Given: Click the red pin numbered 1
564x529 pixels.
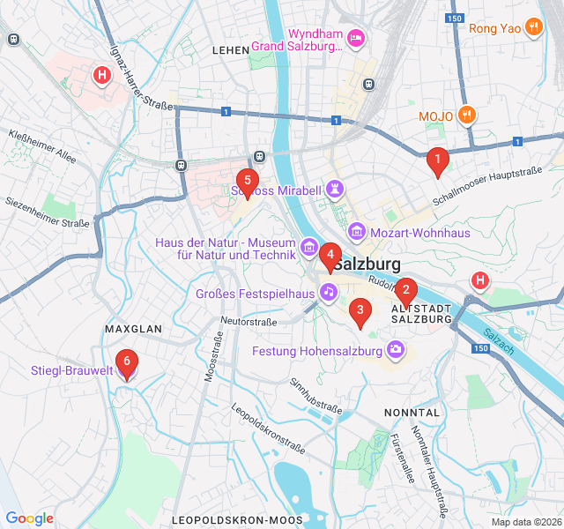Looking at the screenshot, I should (435, 161).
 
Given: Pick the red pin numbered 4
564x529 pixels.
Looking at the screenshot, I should (330, 257).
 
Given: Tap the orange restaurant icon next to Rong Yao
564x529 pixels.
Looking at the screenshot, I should (532, 27).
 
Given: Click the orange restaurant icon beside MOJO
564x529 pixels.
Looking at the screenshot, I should (468, 115).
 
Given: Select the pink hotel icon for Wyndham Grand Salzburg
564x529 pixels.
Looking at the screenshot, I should (356, 37).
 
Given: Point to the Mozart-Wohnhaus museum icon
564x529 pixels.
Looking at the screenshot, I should (357, 232).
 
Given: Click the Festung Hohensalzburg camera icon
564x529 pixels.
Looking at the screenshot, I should (397, 351).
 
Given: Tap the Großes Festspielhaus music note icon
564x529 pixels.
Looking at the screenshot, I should (328, 292).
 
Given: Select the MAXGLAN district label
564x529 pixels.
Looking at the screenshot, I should (133, 329).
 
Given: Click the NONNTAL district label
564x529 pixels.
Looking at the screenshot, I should (412, 412).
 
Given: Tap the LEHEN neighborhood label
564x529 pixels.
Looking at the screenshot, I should (231, 51).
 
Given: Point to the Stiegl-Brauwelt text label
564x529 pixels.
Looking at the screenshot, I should (72, 370).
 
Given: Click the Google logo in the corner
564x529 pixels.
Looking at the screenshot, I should (29, 518).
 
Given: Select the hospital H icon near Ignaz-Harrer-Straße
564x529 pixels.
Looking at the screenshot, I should (102, 75).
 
